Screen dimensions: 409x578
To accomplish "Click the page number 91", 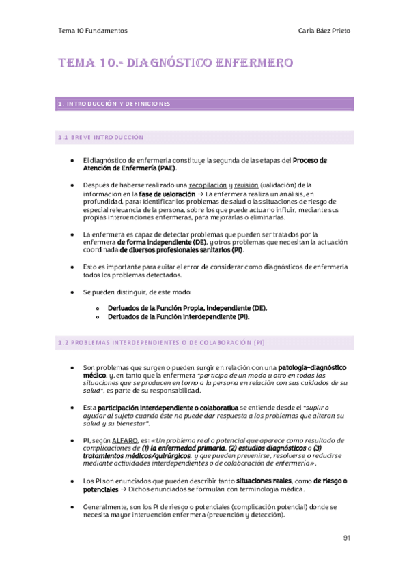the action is point(347,538).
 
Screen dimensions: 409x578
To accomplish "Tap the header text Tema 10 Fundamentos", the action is point(93,31).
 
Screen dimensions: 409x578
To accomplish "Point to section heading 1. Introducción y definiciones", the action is point(115,104).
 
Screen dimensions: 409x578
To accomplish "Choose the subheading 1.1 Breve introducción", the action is point(101,138).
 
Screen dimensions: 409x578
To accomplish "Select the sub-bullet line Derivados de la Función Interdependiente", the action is point(178,316).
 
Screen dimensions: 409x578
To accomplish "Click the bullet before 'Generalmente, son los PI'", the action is point(72,508).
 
